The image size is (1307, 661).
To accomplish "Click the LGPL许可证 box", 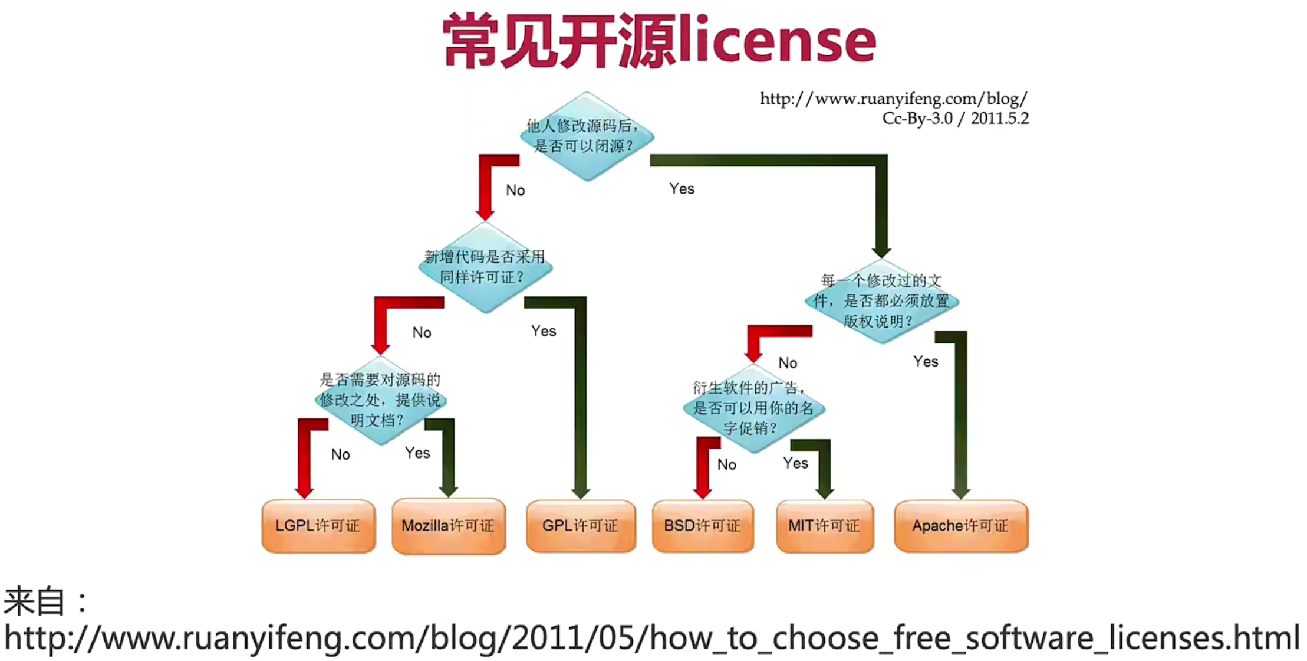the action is click(x=318, y=526).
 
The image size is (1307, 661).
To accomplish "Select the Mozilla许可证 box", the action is click(x=449, y=526).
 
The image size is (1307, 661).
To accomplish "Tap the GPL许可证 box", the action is click(x=581, y=526).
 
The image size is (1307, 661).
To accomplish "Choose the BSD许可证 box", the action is click(x=703, y=526).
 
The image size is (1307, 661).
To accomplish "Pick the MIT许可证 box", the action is click(x=825, y=526).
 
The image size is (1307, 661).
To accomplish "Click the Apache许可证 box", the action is click(x=961, y=526).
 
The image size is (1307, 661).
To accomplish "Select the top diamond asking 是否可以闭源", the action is click(x=587, y=136).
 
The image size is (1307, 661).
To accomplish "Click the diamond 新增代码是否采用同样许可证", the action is click(x=485, y=267).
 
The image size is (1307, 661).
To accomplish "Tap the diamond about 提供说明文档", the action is click(x=381, y=400).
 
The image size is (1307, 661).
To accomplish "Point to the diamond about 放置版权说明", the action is click(x=882, y=301).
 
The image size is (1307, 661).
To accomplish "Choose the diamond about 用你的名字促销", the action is click(x=753, y=408).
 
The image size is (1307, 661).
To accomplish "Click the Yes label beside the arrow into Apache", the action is click(x=926, y=362).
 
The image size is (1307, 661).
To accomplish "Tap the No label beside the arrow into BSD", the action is click(x=726, y=465).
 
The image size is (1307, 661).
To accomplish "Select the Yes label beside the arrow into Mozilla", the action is click(x=417, y=453).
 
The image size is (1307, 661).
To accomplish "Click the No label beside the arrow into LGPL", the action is click(x=340, y=454).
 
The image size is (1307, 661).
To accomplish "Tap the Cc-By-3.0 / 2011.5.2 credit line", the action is click(x=955, y=119).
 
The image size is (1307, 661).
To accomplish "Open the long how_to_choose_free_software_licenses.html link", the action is click(x=652, y=638).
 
